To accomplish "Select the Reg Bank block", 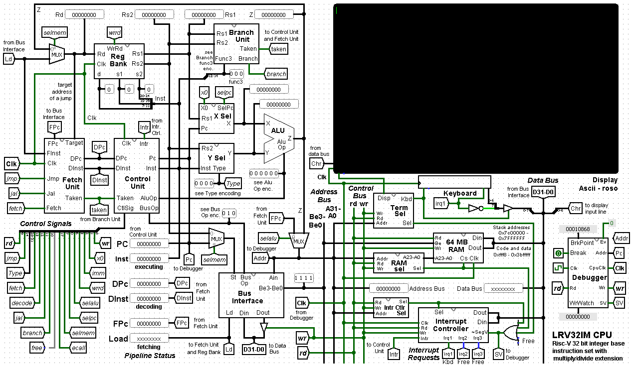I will (x=119, y=61).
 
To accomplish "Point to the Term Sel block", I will (x=391, y=210).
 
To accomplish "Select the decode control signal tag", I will (x=21, y=303).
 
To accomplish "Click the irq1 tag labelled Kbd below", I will (x=448, y=354).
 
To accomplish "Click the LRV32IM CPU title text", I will (x=582, y=335).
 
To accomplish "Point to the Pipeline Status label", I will (x=150, y=356).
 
